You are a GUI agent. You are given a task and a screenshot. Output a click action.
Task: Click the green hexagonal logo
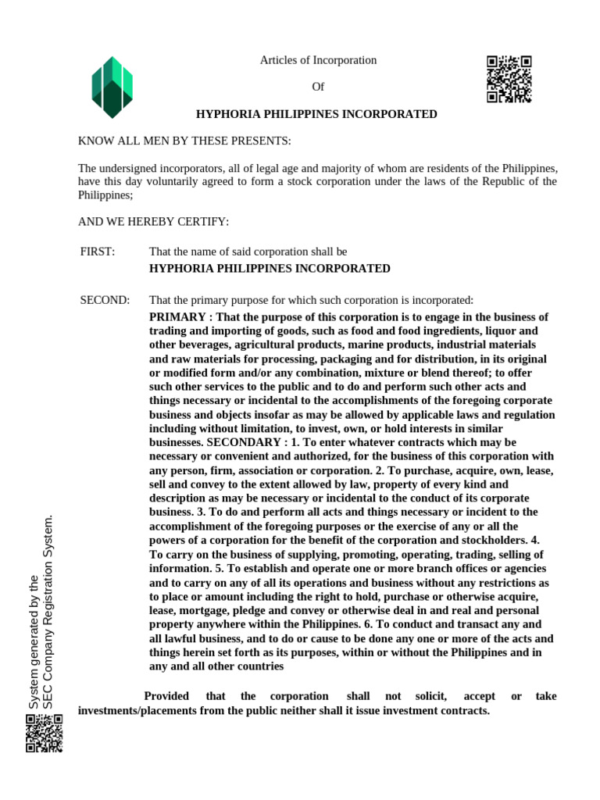[x=112, y=87]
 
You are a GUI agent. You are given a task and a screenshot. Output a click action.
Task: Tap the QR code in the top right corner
[x=509, y=80]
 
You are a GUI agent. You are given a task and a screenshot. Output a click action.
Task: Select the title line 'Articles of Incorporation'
[x=318, y=60]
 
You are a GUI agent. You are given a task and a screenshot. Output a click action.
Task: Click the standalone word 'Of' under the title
[x=318, y=87]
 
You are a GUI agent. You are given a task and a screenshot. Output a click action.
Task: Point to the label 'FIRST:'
[x=98, y=252]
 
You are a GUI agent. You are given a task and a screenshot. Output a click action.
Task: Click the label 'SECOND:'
[x=105, y=301]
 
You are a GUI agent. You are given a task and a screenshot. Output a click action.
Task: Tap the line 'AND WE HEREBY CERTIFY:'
[x=153, y=222]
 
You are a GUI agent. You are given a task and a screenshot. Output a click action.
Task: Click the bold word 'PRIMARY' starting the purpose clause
[x=177, y=317]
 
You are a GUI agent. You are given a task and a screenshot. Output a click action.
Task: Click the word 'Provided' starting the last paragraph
[x=166, y=696]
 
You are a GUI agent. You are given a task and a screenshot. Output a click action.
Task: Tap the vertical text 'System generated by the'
[x=34, y=643]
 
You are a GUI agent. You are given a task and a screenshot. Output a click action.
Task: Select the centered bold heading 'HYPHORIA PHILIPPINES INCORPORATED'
[x=316, y=114]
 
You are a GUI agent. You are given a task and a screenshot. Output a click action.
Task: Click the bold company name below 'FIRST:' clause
[x=270, y=268]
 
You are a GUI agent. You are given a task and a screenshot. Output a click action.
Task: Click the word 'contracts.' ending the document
[x=466, y=711]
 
